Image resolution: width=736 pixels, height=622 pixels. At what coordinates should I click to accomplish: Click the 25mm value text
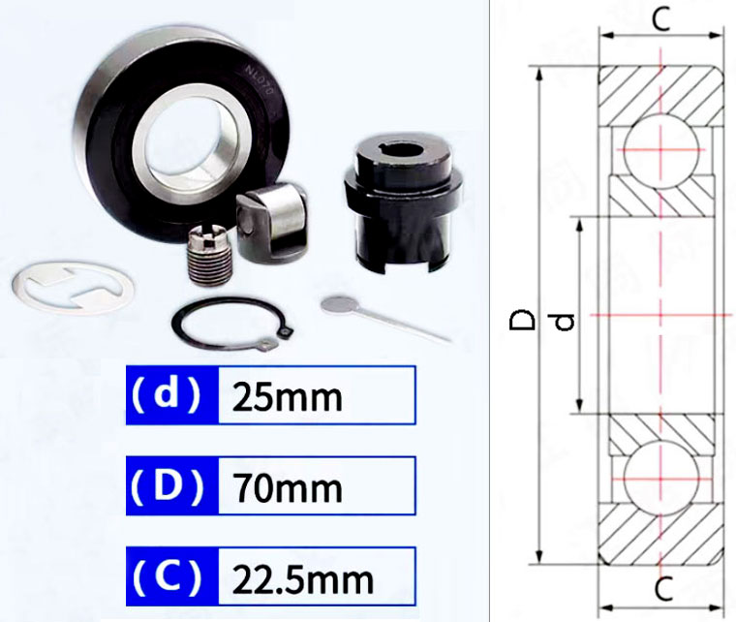click(x=288, y=396)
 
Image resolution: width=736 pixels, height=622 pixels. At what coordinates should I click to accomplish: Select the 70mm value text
click(x=288, y=487)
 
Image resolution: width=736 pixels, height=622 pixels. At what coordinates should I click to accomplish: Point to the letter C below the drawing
click(x=661, y=588)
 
